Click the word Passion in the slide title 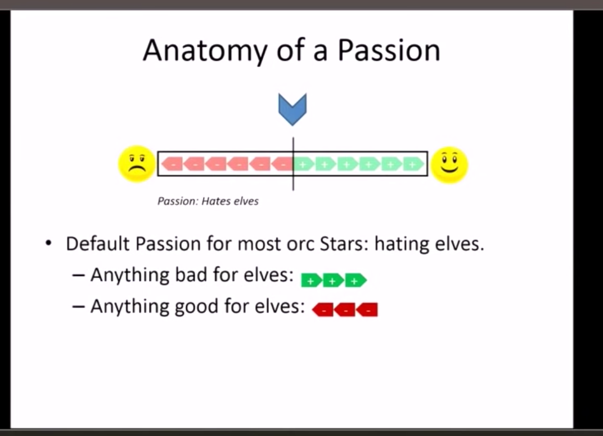[x=389, y=51]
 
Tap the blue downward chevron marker [x=292, y=109]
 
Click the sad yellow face [x=136, y=164]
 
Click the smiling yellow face [x=449, y=164]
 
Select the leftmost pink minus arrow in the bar [x=172, y=164]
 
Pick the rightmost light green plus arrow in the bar [x=413, y=164]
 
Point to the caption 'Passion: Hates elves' [x=208, y=201]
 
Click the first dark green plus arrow [x=310, y=280]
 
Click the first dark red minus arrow [x=322, y=309]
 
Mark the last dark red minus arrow [x=367, y=309]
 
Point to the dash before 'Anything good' [x=80, y=307]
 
